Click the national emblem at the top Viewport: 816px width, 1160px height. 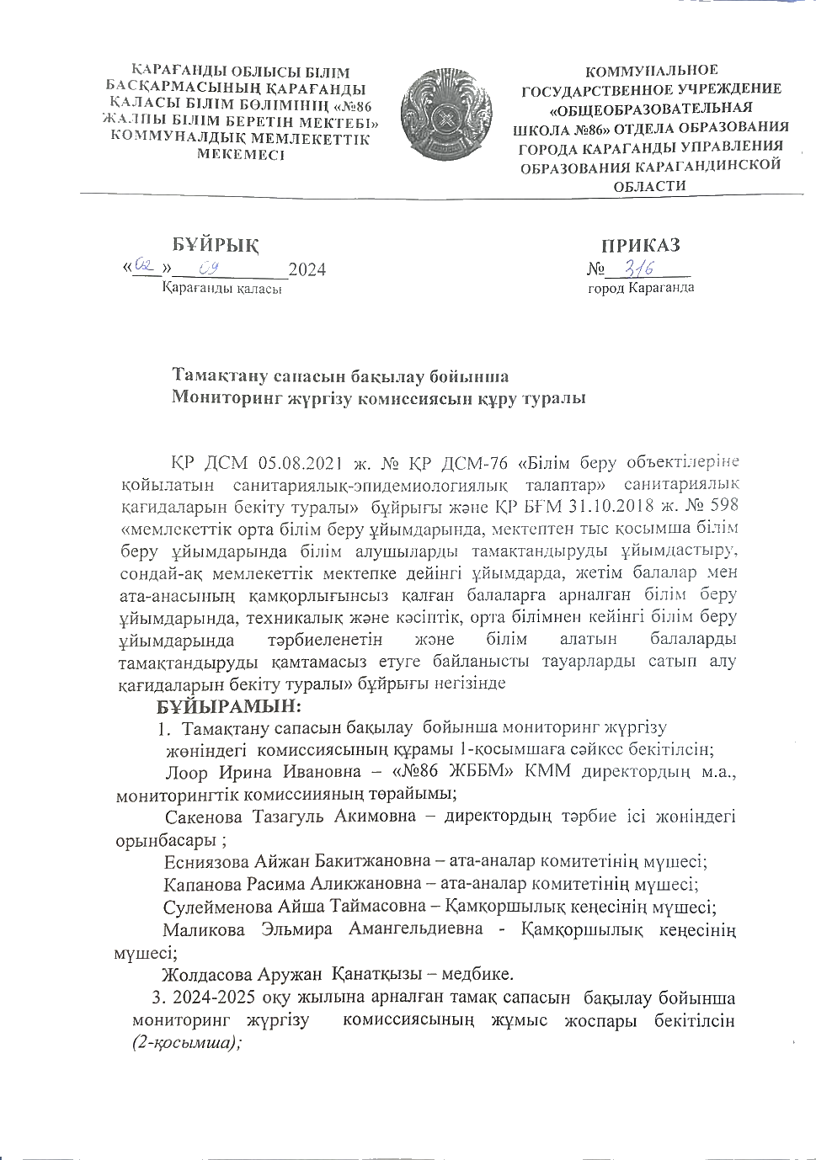click(445, 115)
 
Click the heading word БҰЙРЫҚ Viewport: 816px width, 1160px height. click(216, 245)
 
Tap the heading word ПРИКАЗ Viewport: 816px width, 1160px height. click(640, 245)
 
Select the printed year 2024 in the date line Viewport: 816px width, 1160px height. click(307, 270)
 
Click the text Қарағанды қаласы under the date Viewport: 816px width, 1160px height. click(222, 289)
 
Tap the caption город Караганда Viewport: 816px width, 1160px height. click(641, 288)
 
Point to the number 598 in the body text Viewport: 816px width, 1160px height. click(720, 505)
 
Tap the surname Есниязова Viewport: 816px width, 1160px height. click(206, 861)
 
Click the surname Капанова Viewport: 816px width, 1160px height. click(200, 884)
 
